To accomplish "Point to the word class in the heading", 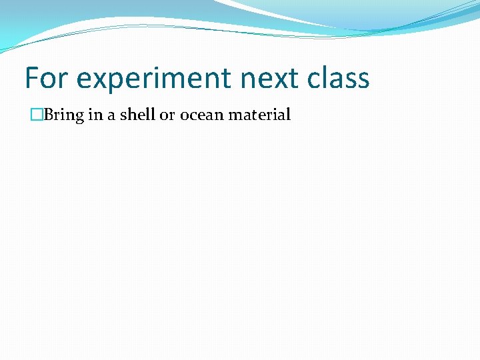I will click(339, 78).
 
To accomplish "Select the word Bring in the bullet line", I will click(64, 115).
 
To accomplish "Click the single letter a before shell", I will click(111, 115).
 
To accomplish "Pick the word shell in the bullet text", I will click(137, 115).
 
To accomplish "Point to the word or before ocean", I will click(167, 115).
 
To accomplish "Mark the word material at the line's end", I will click(260, 115).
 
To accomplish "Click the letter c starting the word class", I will click(315, 79).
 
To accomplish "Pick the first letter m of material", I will click(235, 115).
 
